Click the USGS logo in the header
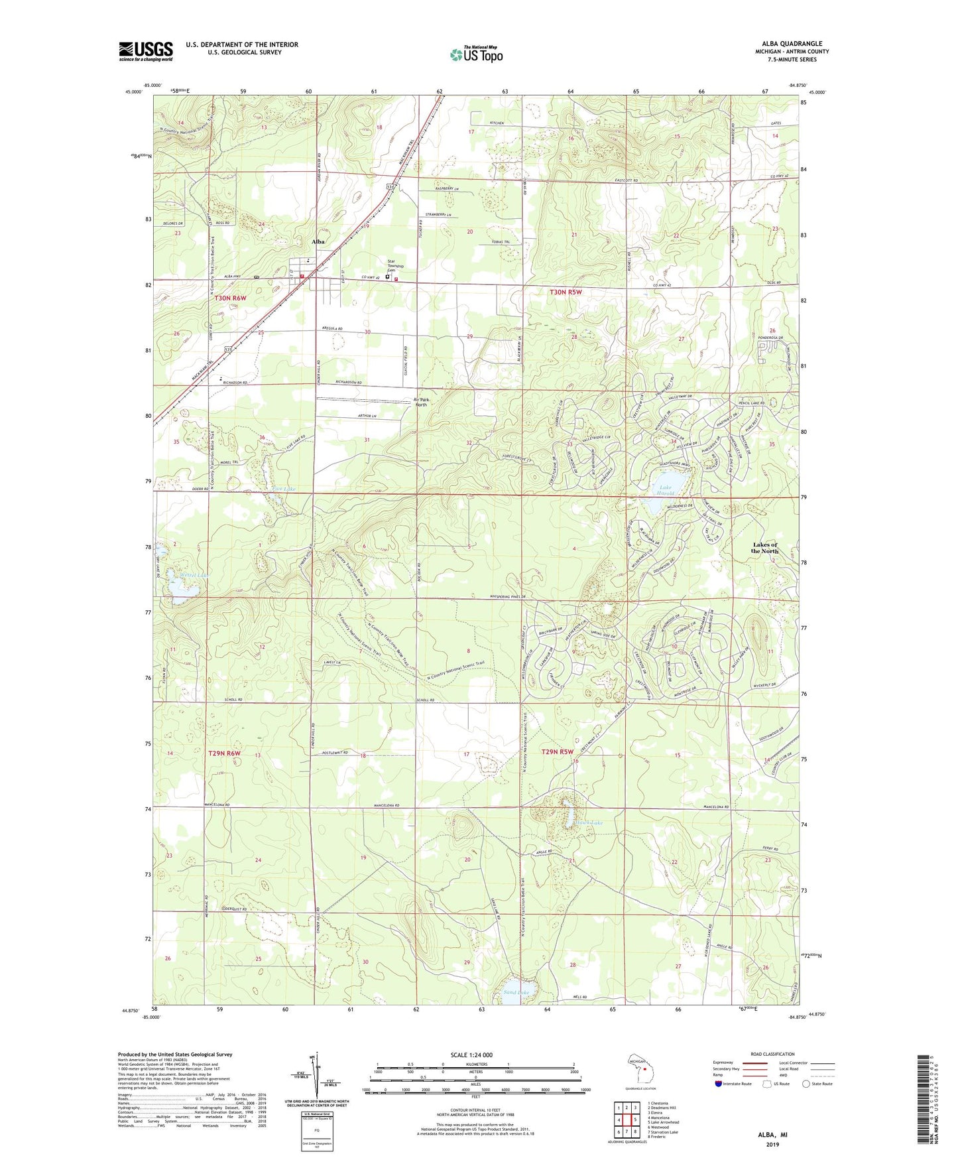coord(146,51)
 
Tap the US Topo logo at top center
coord(476,54)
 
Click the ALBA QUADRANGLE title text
coord(792,43)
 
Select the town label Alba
coord(318,242)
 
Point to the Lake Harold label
coord(665,490)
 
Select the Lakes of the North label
coord(764,548)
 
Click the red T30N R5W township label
coord(565,292)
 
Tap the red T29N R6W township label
coord(223,753)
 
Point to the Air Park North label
coord(420,402)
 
